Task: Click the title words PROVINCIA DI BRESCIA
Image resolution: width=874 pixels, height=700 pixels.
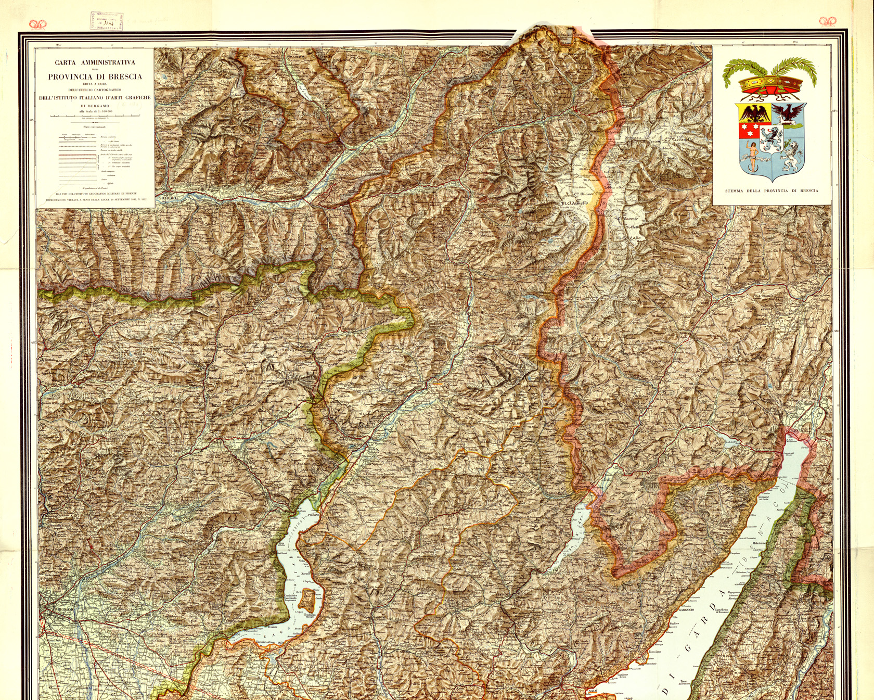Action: pyautogui.click(x=95, y=77)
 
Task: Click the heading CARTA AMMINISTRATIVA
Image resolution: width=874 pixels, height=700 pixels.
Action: pyautogui.click(x=95, y=62)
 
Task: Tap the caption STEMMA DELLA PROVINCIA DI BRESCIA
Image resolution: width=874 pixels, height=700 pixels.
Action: pyautogui.click(x=772, y=190)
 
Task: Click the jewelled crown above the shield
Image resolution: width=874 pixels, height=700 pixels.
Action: pyautogui.click(x=772, y=84)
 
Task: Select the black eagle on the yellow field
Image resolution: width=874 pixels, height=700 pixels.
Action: pyautogui.click(x=753, y=113)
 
